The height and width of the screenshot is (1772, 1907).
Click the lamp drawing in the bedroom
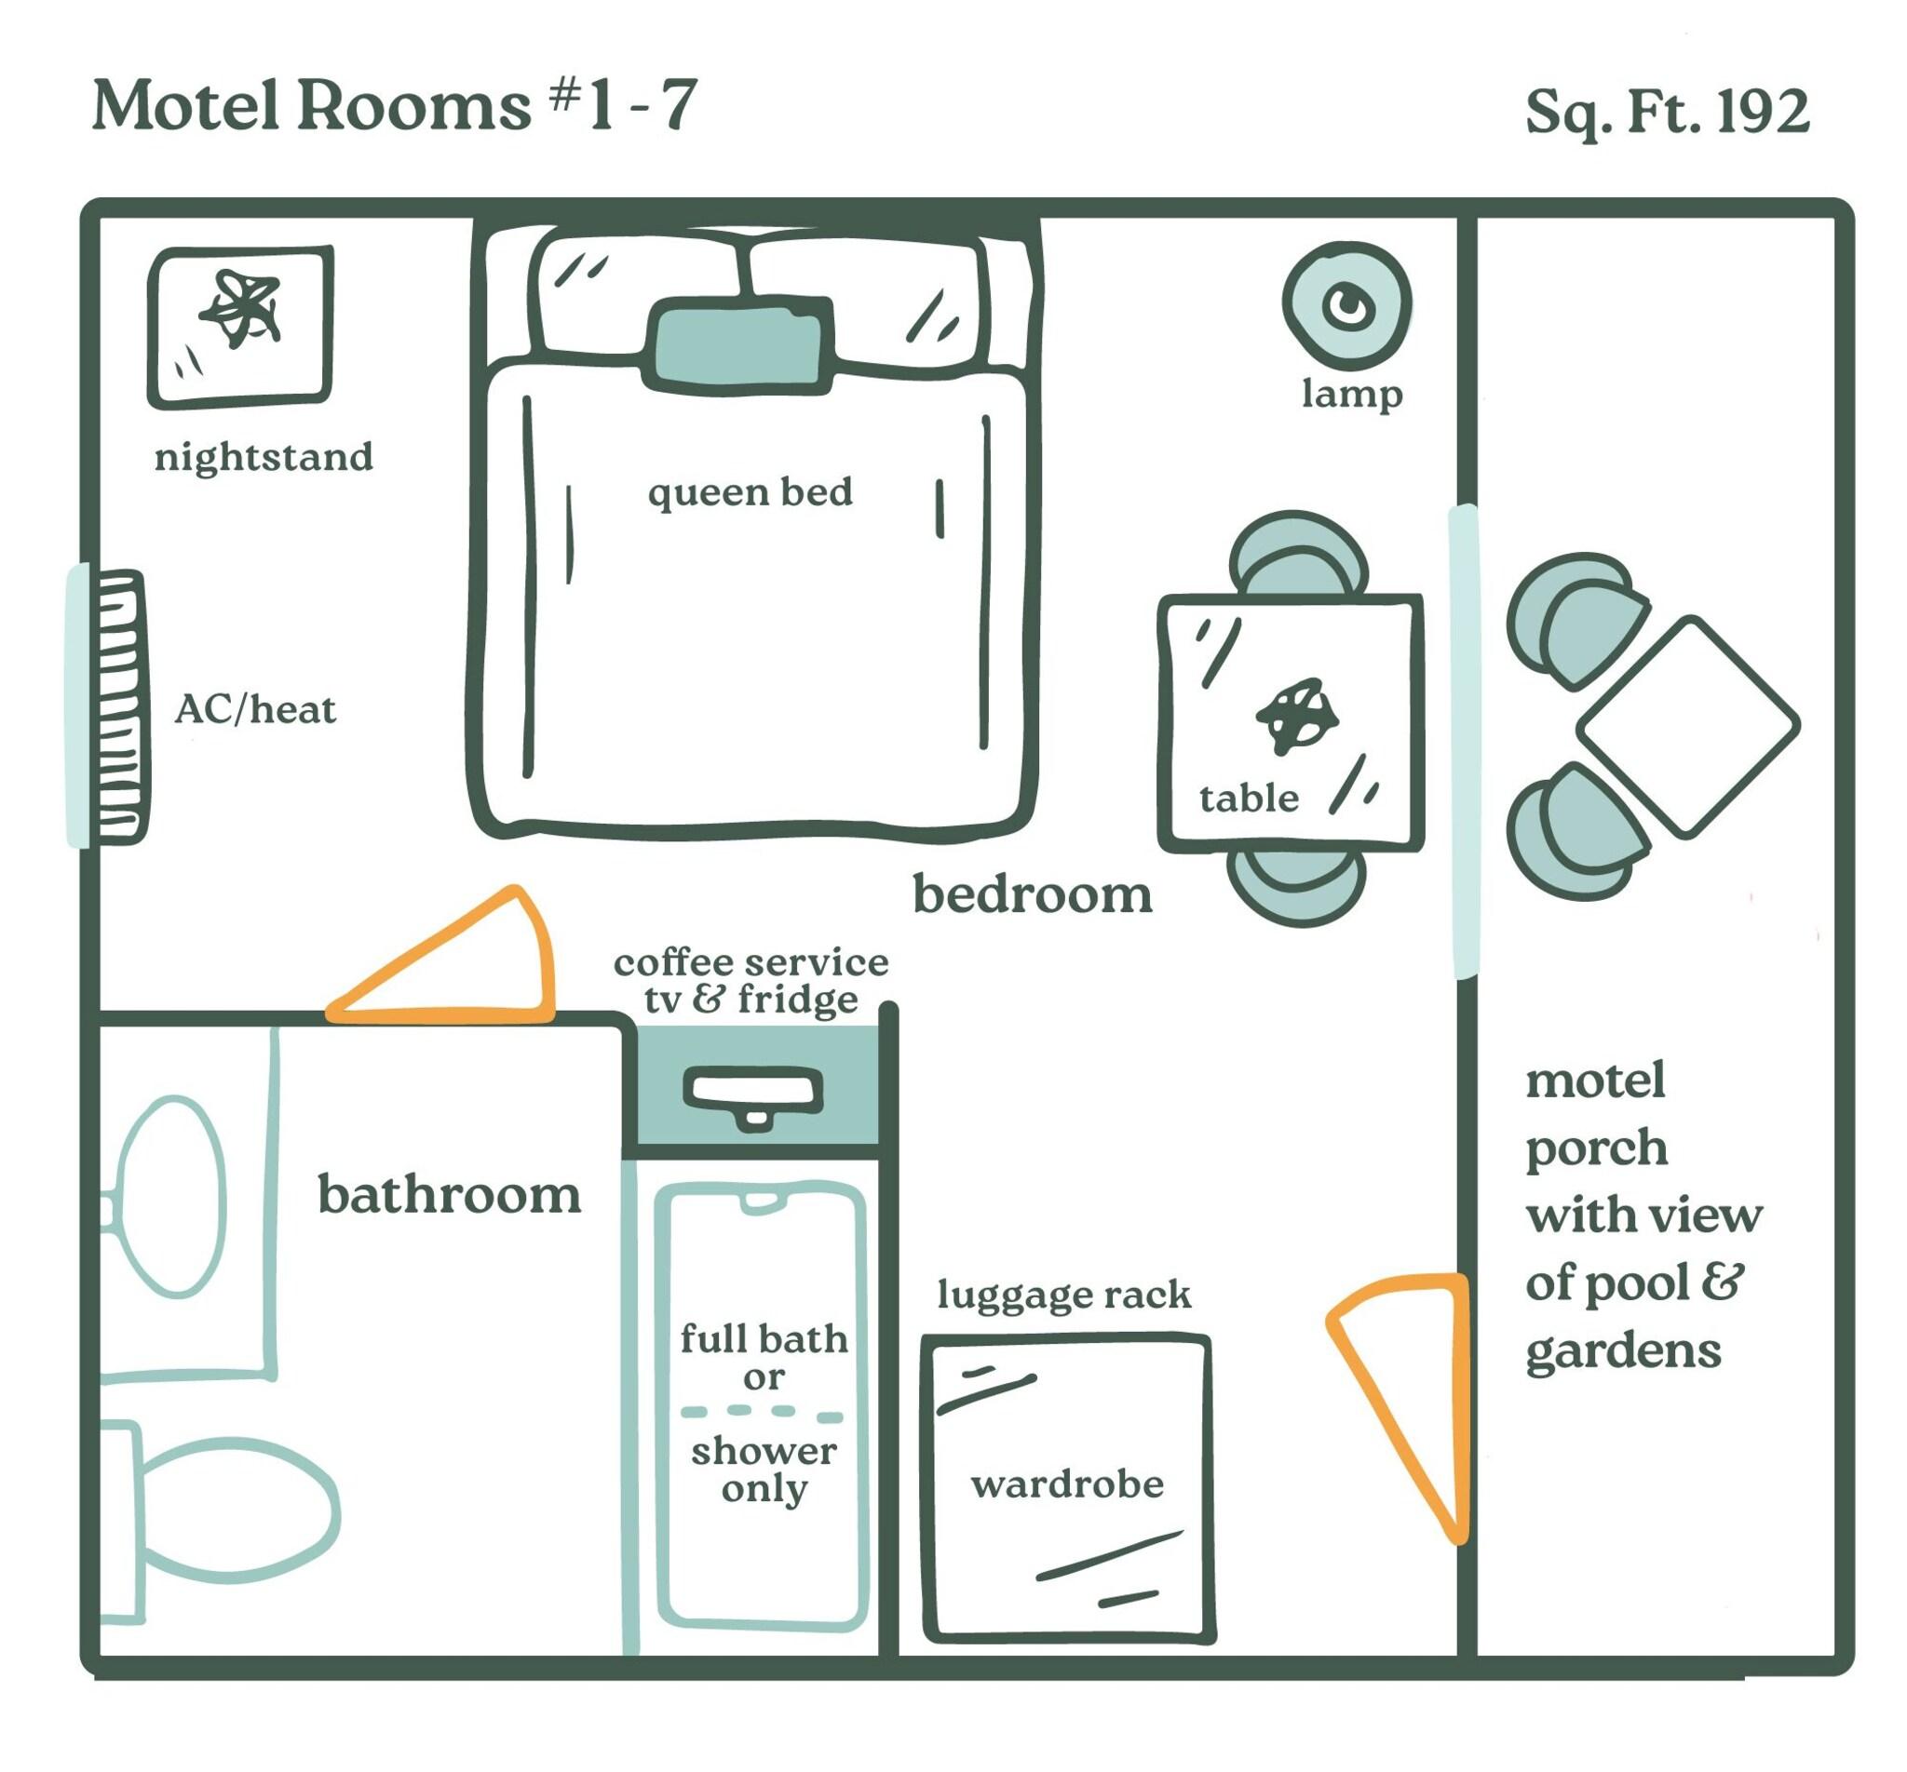(1346, 306)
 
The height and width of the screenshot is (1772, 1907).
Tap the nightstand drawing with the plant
(241, 327)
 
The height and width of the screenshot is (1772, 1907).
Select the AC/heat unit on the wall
(120, 706)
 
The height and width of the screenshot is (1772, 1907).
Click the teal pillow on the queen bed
(737, 344)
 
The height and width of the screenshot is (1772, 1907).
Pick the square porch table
(1688, 726)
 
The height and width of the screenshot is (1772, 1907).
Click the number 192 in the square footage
(1763, 113)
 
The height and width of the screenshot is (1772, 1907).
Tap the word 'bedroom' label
(1032, 894)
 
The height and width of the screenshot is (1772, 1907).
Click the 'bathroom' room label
(449, 1195)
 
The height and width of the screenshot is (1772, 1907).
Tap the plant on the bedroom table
(1296, 717)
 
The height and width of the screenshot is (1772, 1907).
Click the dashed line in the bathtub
(763, 1414)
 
